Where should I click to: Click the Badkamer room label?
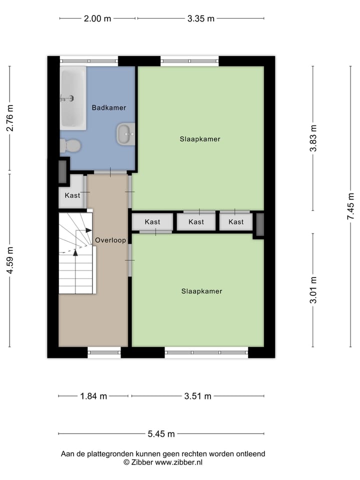[x=108, y=107]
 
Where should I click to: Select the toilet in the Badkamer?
[x=71, y=145]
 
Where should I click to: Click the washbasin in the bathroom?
[x=126, y=134]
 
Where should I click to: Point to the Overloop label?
[x=110, y=240]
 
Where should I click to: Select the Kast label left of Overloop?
[x=72, y=195]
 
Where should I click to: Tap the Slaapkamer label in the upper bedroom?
[x=200, y=139]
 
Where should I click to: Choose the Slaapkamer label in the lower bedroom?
[x=201, y=291]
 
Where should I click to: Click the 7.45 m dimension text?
[x=351, y=206]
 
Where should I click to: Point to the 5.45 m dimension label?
[x=161, y=434]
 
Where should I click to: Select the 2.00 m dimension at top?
[x=97, y=19]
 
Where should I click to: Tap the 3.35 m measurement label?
[x=200, y=19]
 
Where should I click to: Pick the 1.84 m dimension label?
[x=93, y=396]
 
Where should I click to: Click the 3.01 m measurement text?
[x=313, y=290]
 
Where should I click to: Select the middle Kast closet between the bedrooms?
[x=196, y=222]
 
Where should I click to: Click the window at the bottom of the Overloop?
[x=104, y=352]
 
